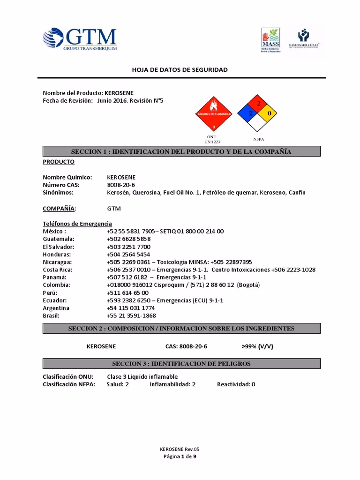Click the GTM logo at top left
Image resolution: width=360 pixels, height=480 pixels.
80,39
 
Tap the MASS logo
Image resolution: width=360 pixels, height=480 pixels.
270,40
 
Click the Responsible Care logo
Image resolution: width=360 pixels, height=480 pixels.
307,39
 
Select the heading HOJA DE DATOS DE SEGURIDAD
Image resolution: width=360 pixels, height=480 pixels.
180,69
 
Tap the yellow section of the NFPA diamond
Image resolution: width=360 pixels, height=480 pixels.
269,113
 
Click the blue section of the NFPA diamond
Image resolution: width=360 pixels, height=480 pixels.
245,113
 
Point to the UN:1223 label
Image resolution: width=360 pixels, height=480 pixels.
212,142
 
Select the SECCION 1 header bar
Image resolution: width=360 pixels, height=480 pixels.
181,151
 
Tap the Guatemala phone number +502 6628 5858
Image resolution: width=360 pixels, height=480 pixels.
128,239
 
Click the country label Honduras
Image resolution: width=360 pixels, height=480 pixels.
57,254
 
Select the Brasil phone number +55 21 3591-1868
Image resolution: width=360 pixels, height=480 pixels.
131,315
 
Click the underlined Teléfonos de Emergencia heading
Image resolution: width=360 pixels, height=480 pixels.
77,224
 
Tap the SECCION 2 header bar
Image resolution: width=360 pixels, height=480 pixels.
181,329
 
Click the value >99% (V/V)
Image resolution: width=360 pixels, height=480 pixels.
257,346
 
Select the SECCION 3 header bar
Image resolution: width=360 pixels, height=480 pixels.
181,364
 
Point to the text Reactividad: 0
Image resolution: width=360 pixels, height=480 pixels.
236,384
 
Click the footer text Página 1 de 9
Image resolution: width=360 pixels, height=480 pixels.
180,456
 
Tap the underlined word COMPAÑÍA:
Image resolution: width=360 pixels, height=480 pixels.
59,208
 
